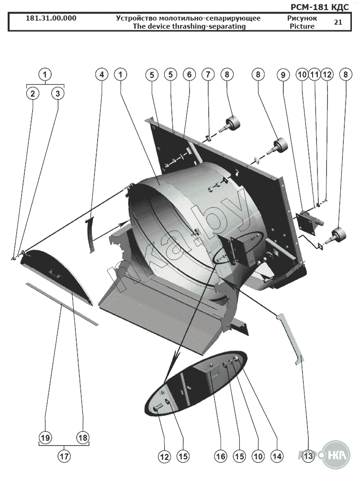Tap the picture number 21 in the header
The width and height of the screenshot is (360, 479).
(338, 22)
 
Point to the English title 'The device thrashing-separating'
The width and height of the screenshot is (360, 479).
(189, 26)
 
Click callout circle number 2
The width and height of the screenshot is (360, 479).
(33, 93)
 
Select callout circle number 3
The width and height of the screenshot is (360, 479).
(57, 93)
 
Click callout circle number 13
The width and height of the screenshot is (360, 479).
(308, 456)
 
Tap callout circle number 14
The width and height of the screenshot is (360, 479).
(276, 456)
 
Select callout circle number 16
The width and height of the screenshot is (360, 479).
(220, 456)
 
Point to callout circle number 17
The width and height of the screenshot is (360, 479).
(64, 456)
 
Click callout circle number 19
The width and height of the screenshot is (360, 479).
(45, 437)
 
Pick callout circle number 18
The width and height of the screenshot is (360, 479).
(82, 437)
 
